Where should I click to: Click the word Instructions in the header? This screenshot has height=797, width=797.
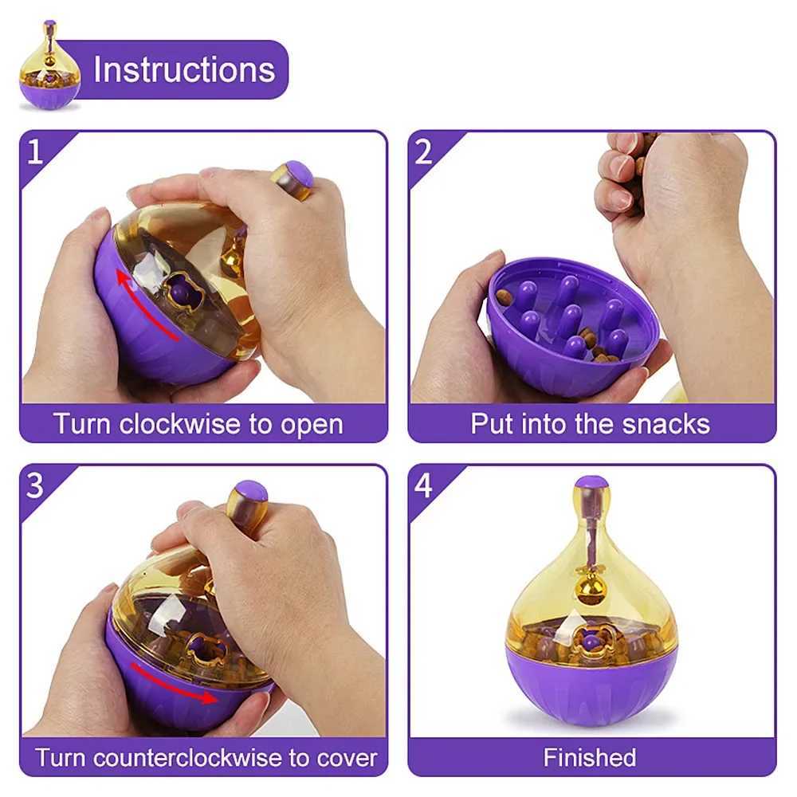coord(184,70)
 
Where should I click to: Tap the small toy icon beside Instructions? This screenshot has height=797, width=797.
coord(49,66)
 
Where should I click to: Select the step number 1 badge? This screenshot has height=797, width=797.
coord(34,151)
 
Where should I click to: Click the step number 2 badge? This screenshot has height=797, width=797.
coord(423,151)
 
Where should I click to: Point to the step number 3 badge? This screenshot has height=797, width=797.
coord(34,485)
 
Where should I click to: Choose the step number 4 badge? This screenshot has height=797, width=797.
coord(423,485)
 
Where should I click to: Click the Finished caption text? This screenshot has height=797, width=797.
coord(590,757)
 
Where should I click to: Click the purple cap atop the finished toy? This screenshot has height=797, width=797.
coord(591,483)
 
